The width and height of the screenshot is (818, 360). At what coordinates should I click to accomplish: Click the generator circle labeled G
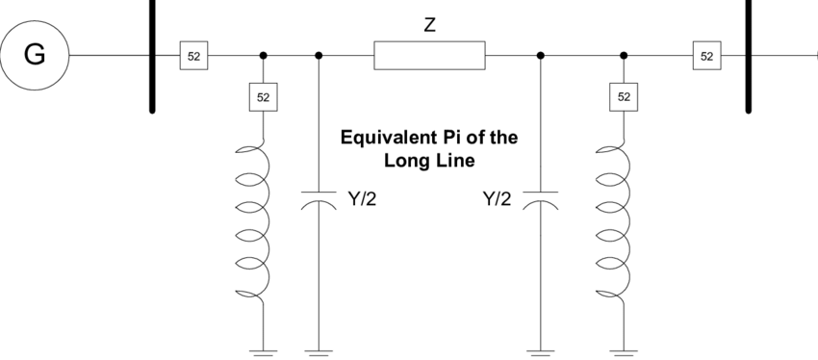35,55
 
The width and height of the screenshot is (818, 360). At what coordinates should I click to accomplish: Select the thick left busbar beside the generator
152,55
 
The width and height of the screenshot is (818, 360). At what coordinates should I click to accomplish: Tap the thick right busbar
749,55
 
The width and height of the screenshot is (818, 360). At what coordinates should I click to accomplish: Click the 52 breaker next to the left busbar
194,55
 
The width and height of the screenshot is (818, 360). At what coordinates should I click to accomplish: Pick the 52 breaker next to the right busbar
707,55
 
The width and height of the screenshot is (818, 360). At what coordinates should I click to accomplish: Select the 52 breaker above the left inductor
263,97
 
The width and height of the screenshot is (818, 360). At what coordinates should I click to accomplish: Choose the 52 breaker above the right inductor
624,97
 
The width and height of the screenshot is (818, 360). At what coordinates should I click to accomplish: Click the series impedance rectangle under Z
429,55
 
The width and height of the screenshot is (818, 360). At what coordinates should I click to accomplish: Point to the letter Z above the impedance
429,25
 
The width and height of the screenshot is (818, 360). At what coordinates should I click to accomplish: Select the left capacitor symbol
319,200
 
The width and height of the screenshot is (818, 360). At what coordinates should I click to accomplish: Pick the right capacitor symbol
541,200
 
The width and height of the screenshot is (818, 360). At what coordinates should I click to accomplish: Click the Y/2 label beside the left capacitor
362,198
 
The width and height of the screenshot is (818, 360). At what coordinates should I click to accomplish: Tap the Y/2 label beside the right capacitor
498,198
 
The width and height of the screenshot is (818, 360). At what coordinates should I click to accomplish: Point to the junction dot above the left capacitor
319,55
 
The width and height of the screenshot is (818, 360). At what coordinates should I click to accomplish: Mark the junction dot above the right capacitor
541,55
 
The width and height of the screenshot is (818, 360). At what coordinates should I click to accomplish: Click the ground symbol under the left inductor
263,352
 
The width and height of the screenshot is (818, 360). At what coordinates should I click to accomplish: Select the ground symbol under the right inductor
624,352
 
